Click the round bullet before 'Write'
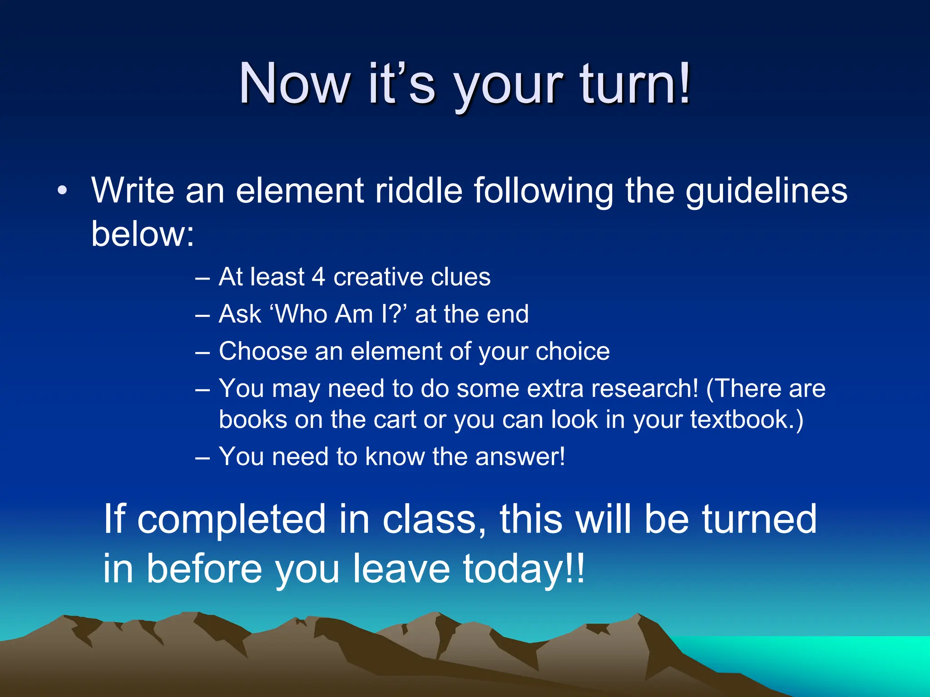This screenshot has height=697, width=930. [x=62, y=190]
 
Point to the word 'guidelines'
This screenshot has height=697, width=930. [x=766, y=191]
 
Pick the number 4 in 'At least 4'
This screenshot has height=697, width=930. [x=318, y=277]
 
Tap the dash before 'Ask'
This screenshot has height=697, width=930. [x=203, y=314]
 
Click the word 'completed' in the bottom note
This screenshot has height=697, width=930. [x=232, y=519]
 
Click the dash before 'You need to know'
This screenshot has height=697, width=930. [x=203, y=457]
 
